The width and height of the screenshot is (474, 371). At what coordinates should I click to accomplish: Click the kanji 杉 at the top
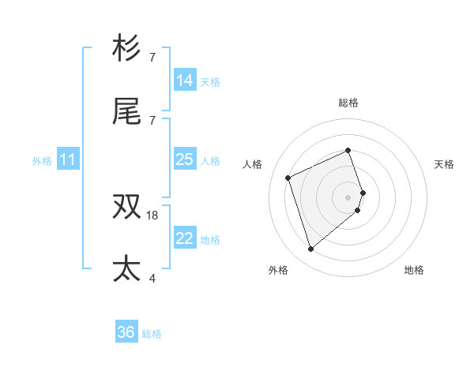127,48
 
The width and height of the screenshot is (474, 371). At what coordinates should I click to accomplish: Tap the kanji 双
127,207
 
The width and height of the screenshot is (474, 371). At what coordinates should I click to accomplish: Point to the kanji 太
127,269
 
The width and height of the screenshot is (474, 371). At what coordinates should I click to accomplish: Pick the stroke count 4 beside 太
152,278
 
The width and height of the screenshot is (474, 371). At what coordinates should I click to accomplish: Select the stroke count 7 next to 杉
152,58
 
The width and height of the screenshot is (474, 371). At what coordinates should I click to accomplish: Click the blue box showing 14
185,80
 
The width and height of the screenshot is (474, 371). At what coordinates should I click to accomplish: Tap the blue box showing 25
185,159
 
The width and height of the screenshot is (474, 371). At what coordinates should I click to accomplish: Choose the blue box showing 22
185,238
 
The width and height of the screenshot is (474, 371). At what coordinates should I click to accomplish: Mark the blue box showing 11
68,159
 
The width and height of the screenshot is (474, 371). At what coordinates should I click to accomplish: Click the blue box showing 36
126,332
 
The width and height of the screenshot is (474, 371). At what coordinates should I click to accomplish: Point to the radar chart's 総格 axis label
348,103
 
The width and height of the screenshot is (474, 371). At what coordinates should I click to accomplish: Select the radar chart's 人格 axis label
253,164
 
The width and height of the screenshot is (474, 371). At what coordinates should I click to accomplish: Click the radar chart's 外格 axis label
278,270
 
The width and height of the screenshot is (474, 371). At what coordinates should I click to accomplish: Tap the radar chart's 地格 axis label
414,270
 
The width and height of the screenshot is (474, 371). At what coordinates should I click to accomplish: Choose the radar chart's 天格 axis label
444,164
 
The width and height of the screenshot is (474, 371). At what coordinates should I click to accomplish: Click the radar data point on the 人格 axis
288,177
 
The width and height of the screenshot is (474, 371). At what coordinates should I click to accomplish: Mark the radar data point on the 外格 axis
310,249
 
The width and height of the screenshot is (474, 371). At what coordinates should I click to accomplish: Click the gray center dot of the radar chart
348,197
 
